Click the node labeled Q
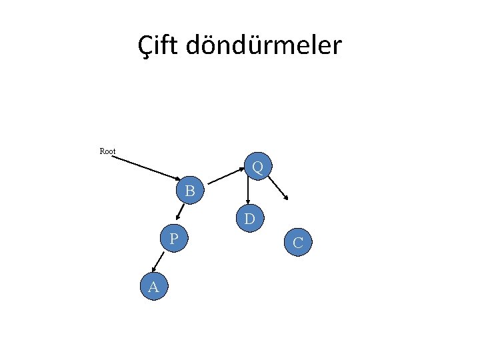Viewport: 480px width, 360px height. coord(257,166)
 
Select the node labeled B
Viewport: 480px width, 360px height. coord(190,191)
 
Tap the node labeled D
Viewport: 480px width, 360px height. coord(249,219)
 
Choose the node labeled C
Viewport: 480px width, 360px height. coord(297,243)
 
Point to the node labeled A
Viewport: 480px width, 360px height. coord(153,287)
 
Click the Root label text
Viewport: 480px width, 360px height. coord(107,151)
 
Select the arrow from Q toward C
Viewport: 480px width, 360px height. coord(279,186)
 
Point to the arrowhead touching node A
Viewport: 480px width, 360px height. coord(153,270)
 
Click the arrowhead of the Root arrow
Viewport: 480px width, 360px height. coord(176,179)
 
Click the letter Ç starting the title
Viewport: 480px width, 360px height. coord(145,46)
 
